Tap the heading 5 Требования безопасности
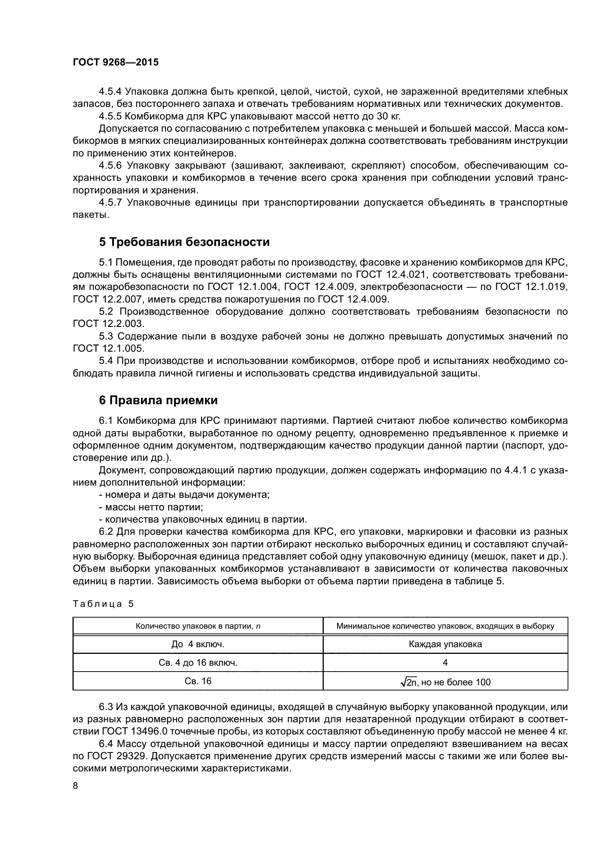point(184,242)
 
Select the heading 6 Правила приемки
point(158,401)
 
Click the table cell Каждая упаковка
point(445,644)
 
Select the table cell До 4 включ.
point(198,644)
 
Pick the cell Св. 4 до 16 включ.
point(198,663)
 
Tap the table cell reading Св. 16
point(198,681)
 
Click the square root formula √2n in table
point(409,682)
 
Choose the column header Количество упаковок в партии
point(198,626)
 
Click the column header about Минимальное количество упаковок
point(445,626)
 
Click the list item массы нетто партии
point(154,507)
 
